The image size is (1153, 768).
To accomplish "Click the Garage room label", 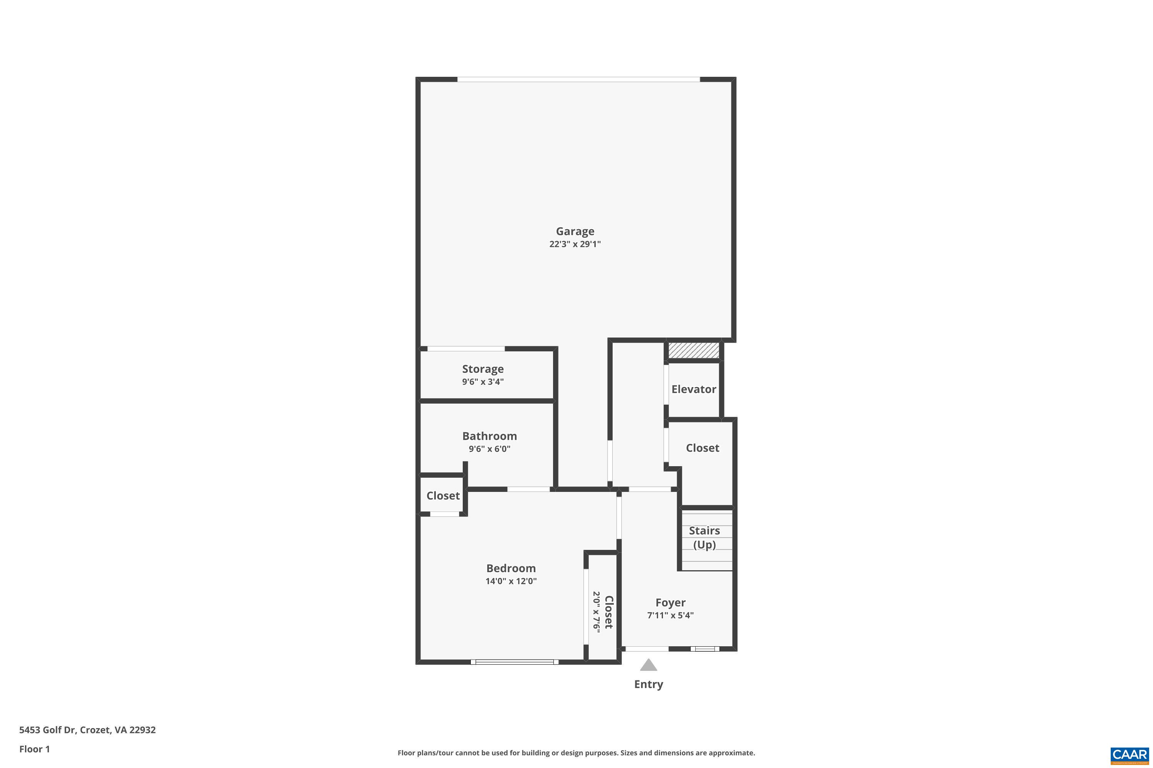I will click(x=575, y=231).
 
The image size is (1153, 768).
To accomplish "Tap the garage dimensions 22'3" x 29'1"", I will click(x=575, y=244).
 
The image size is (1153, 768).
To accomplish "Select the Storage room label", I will click(x=483, y=369).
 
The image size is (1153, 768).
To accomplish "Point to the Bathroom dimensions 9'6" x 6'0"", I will click(x=489, y=449).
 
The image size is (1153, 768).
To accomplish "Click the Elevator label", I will click(x=694, y=389).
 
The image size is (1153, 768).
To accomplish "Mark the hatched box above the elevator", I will click(x=694, y=351).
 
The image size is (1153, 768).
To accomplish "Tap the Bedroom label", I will click(x=511, y=568).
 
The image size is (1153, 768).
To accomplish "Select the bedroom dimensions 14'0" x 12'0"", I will click(x=511, y=581).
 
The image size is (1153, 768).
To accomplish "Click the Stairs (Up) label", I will click(x=704, y=537).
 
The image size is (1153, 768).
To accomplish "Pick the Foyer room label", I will click(x=670, y=602).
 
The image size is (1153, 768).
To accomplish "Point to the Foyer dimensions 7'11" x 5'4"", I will click(x=670, y=615).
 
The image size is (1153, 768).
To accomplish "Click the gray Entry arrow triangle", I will click(x=648, y=665).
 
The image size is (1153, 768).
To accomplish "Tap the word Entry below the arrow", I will click(x=648, y=684).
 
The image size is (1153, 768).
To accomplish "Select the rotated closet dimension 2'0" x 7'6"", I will click(x=596, y=612).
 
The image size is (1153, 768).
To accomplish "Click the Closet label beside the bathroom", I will click(x=443, y=496).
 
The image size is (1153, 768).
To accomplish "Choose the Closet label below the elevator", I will click(x=702, y=448).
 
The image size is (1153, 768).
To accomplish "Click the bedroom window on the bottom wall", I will click(x=514, y=662).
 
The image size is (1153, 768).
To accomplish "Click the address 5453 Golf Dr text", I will click(x=87, y=730).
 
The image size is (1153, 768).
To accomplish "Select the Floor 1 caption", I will click(x=34, y=749).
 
